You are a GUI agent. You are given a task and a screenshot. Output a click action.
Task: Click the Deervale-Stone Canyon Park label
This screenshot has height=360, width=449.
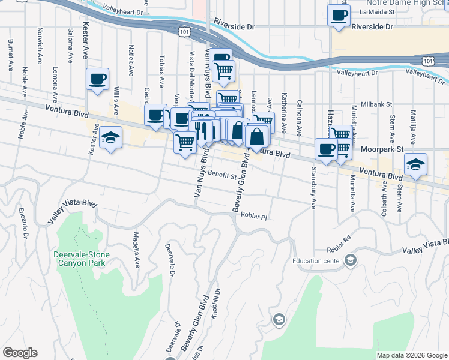click(79, 259)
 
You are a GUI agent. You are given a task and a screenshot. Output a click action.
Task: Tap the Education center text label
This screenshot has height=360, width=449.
click(316, 260)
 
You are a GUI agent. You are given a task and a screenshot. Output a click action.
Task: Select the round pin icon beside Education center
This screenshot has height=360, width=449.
click(351, 260)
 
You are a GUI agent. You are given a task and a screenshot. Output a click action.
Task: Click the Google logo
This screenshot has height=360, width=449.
click(20, 353)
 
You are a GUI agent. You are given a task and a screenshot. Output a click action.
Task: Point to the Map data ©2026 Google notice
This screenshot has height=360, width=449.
click(412, 355)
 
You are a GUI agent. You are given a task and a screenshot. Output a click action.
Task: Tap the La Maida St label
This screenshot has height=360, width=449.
click(376, 11)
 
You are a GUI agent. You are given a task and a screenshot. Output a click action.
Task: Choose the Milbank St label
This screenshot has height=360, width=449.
click(376, 104)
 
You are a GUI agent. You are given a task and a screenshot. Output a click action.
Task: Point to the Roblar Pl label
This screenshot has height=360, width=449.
click(252, 216)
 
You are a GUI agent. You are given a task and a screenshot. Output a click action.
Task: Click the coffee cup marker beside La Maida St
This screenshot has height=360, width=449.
click(339, 15)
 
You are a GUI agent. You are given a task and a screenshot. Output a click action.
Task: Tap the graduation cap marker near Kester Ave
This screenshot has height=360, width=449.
click(110, 139)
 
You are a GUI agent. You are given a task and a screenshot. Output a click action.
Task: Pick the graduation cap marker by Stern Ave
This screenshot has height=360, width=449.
click(415, 164)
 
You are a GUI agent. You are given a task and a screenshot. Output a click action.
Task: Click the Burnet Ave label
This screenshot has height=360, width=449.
click(10, 56)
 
